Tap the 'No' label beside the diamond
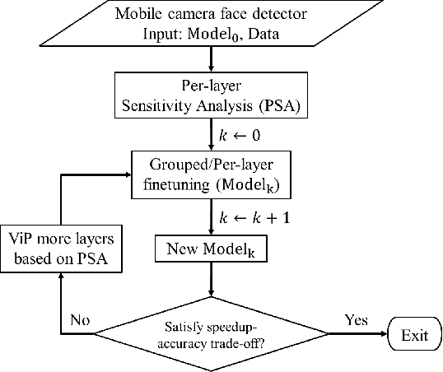(80, 320)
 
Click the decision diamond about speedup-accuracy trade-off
(212, 335)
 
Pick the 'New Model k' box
(212, 249)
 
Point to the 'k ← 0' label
(239, 132)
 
